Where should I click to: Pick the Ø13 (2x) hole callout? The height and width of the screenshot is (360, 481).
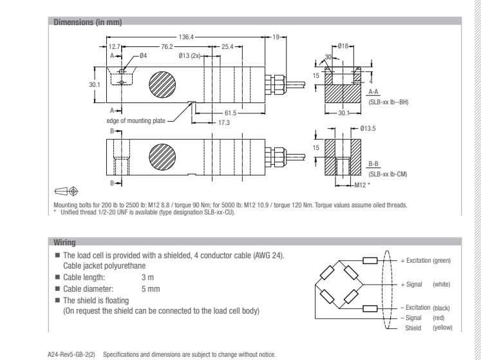coord(189,57)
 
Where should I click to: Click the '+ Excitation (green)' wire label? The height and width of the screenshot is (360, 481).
coord(425,260)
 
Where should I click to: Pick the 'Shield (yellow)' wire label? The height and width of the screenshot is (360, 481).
coord(427,327)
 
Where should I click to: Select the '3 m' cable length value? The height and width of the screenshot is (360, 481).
coord(147,274)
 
